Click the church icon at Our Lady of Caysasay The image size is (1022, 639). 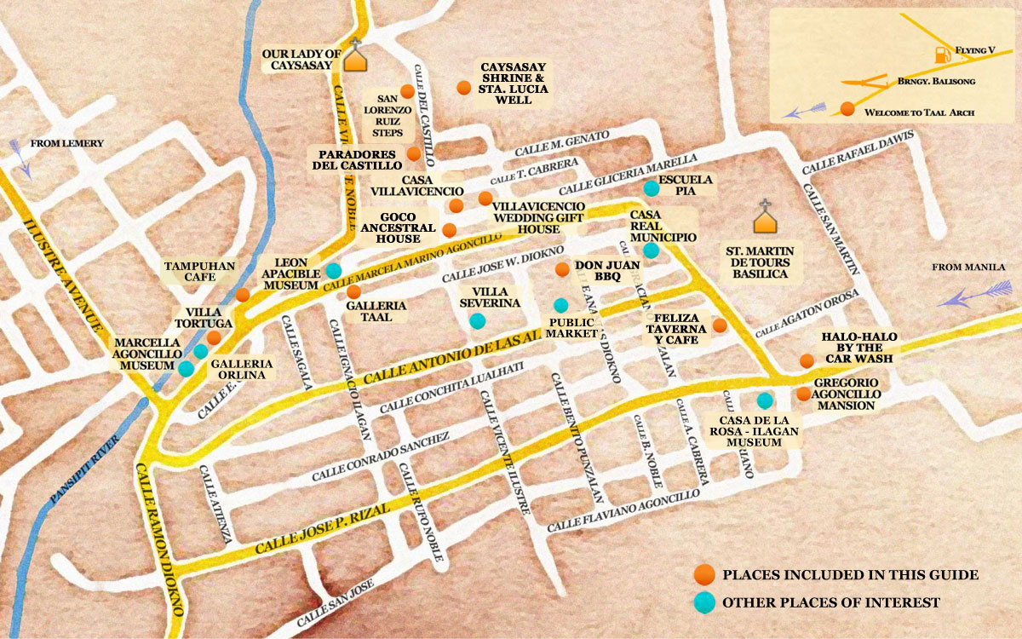click(356, 56)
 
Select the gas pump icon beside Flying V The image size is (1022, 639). click(941, 55)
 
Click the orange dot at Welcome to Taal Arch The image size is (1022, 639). click(847, 108)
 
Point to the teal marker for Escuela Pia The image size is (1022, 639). click(651, 187)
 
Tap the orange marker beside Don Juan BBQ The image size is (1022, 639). click(562, 269)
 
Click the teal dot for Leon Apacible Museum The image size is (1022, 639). click(334, 271)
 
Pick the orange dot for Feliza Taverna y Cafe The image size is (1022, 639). click(720, 325)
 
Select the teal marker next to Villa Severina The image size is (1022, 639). click(477, 321)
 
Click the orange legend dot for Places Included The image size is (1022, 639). click(703, 574)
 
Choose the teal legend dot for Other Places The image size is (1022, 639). click(703, 602)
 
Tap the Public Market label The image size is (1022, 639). click(571, 328)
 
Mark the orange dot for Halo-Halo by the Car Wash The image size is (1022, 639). click(807, 361)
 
